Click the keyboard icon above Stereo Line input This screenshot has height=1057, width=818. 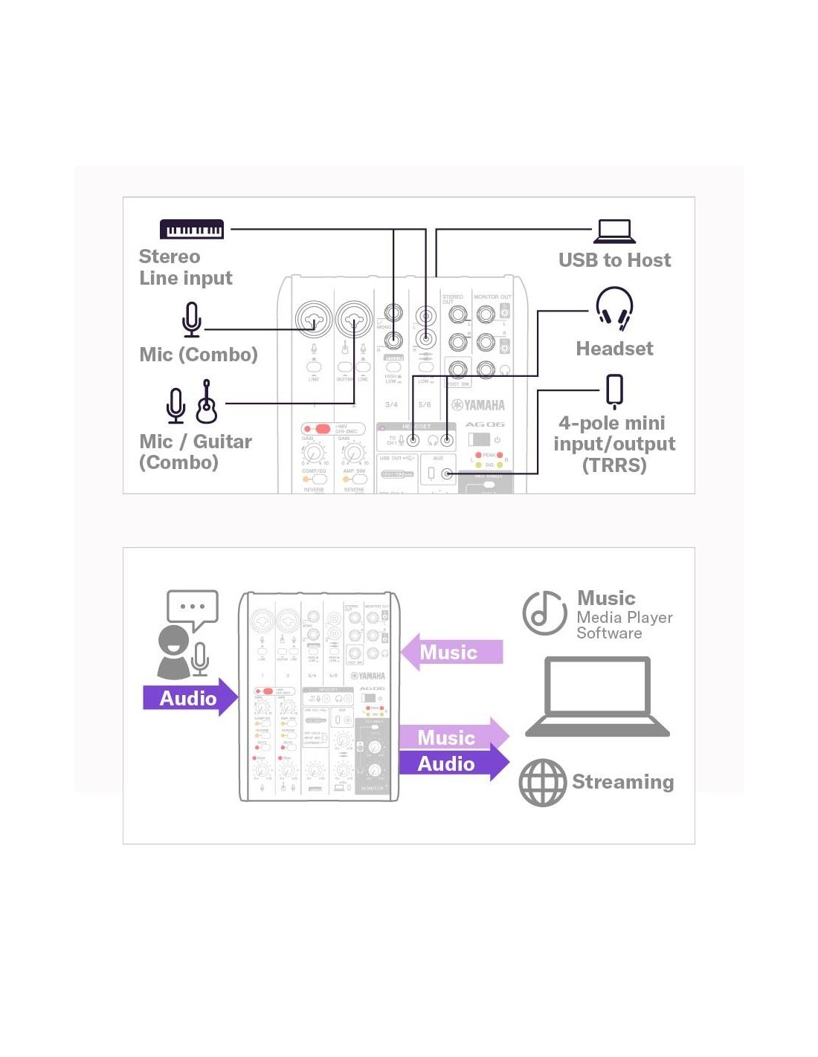191,229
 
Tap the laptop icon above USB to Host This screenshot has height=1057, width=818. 614,232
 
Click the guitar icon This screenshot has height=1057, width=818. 207,402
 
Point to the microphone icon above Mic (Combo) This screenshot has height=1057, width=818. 192,320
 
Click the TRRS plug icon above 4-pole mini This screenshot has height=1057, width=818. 614,391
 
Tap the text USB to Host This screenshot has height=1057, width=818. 614,260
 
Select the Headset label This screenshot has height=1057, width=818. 614,349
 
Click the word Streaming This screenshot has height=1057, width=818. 622,782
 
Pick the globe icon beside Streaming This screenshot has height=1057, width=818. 543,783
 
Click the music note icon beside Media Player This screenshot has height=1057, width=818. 544,613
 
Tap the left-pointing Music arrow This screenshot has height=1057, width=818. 451,652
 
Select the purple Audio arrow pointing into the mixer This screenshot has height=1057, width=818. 190,697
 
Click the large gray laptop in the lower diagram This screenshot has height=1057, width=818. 598,696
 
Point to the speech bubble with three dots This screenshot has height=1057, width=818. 193,608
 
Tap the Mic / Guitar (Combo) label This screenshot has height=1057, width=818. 195,452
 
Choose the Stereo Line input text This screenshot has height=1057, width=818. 185,268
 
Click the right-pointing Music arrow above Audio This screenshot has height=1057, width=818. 453,737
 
